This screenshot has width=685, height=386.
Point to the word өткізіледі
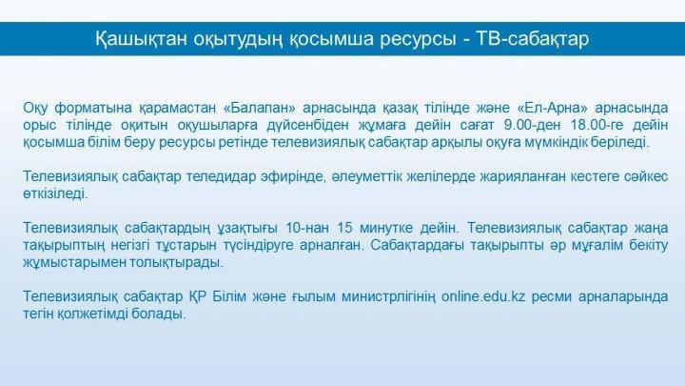55,193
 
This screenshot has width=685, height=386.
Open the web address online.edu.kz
483,296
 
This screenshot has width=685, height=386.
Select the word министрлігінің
388,297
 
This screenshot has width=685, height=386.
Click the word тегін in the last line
38,315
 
